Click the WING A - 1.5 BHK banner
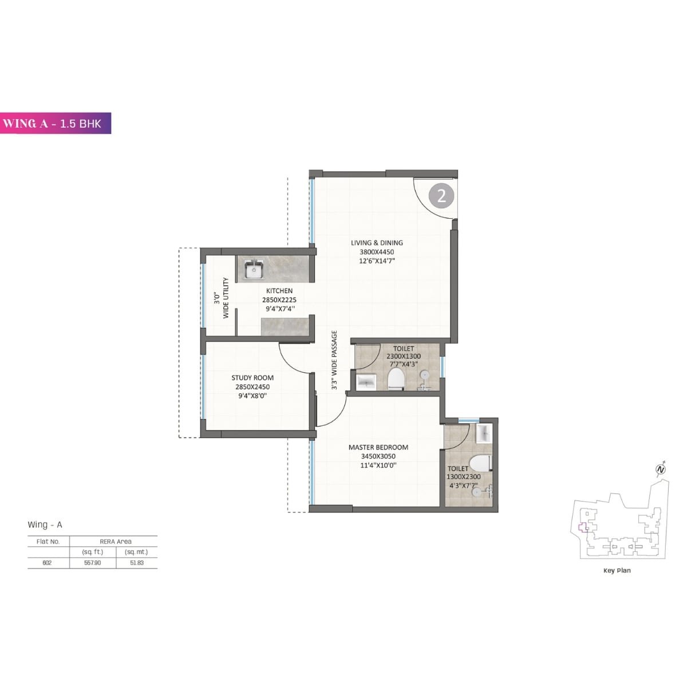click(56, 123)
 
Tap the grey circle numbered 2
click(441, 196)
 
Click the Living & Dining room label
click(377, 243)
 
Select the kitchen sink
click(252, 269)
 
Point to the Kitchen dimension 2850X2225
click(279, 300)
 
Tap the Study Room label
click(252, 378)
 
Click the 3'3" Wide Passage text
click(334, 361)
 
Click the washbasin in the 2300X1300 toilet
click(365, 381)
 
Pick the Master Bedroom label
click(378, 448)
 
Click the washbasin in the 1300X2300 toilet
click(484, 433)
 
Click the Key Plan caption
click(617, 570)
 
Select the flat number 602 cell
click(47, 563)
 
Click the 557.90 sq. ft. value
click(92, 563)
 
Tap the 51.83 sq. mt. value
click(136, 563)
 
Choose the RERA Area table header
click(115, 542)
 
